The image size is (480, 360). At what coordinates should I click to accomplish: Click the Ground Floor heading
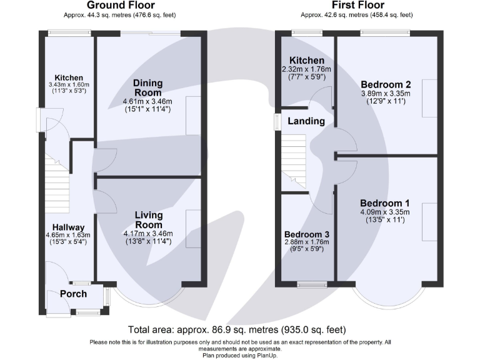(x=121, y=5)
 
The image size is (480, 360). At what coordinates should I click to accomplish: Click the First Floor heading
(x=358, y=5)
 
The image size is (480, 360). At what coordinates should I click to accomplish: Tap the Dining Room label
(x=148, y=88)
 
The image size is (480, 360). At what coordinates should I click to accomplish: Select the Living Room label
(x=149, y=220)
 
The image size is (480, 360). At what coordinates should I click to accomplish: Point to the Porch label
(x=74, y=294)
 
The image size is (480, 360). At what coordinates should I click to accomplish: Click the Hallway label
(x=68, y=227)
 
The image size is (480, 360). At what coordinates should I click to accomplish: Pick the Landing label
(x=306, y=121)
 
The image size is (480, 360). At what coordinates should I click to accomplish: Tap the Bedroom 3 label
(x=307, y=234)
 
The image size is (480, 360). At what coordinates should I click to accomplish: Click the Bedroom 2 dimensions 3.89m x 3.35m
(x=386, y=94)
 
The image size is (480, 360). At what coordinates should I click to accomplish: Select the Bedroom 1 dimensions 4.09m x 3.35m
(x=385, y=212)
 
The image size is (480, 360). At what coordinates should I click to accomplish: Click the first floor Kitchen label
(x=307, y=60)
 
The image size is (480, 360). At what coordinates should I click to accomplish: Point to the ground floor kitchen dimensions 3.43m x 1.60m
(x=69, y=85)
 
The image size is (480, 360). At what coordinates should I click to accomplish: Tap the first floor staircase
(x=294, y=162)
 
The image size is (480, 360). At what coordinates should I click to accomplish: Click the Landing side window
(x=277, y=122)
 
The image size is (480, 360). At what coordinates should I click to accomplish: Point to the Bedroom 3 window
(x=312, y=285)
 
